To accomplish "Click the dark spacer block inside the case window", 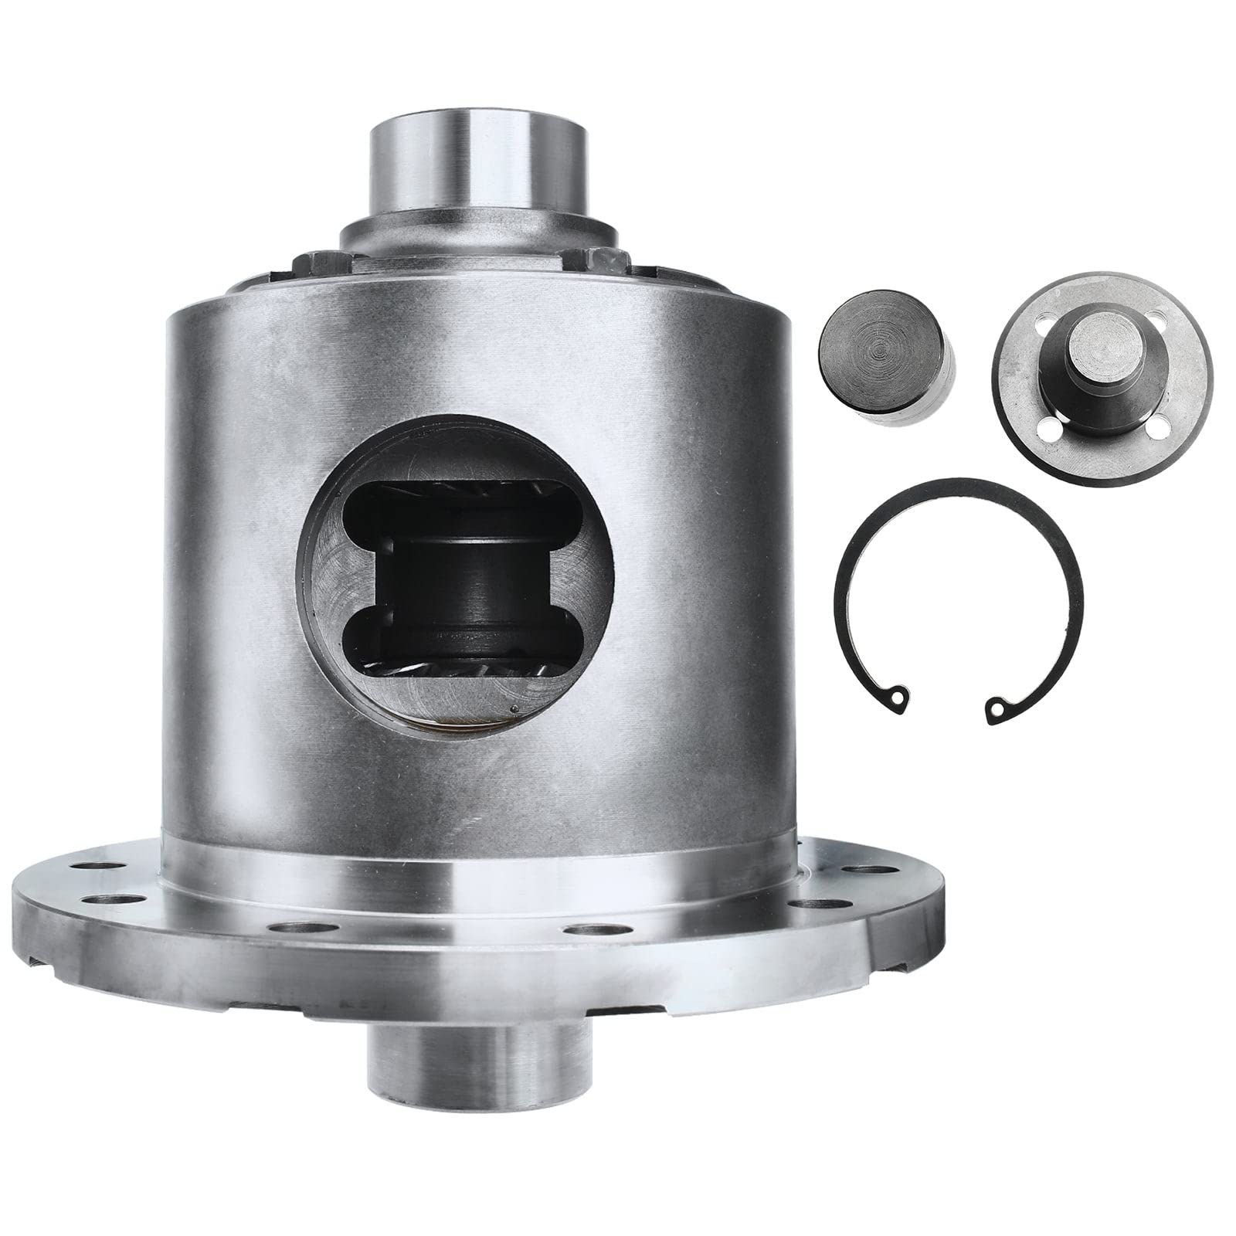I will pos(460,587).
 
